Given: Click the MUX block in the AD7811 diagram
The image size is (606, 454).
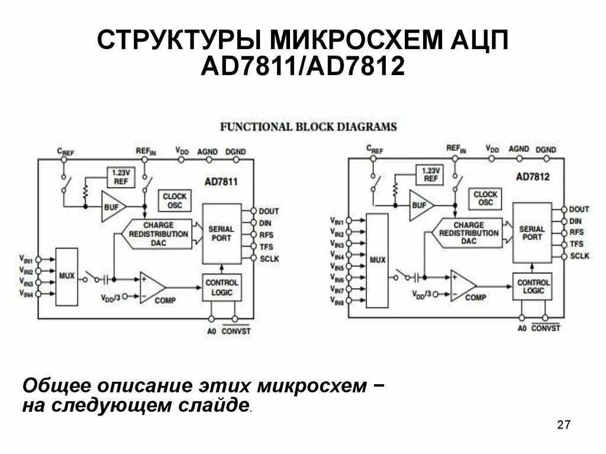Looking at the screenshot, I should pyautogui.click(x=66, y=276).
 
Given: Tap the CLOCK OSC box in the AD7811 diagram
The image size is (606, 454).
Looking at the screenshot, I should pyautogui.click(x=175, y=201).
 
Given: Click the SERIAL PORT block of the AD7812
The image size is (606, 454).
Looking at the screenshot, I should pyautogui.click(x=531, y=233).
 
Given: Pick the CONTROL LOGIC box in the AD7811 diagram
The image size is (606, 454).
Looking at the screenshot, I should pyautogui.click(x=222, y=287).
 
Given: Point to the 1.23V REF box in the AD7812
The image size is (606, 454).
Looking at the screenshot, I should pyautogui.click(x=431, y=175).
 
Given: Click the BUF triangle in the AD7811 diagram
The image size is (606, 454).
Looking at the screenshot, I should pyautogui.click(x=112, y=207).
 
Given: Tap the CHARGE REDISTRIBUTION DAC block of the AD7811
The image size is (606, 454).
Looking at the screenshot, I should pyautogui.click(x=158, y=233).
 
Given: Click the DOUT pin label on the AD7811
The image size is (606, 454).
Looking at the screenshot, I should pyautogui.click(x=269, y=211).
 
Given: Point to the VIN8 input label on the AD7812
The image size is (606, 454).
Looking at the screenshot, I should pyautogui.click(x=337, y=301).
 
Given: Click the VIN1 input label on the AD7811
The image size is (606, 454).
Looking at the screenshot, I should pyautogui.click(x=26, y=259).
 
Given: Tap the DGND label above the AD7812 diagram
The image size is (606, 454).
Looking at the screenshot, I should pyautogui.click(x=546, y=150).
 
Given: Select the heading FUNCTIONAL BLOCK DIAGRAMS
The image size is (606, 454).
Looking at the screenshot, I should pyautogui.click(x=308, y=127).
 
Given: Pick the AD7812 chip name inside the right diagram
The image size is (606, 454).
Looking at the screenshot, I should pyautogui.click(x=533, y=176).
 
